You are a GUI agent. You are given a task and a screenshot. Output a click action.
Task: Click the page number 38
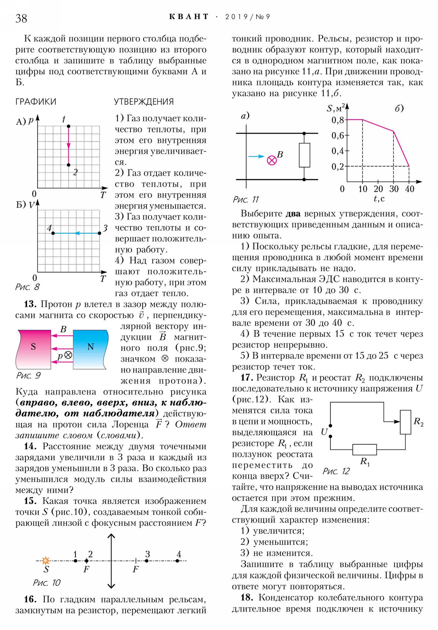(21, 19)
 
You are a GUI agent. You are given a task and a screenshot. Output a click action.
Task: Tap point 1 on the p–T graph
(68, 126)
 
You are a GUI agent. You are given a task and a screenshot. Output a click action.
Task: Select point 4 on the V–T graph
(53, 233)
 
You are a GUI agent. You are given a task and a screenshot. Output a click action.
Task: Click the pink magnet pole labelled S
(34, 349)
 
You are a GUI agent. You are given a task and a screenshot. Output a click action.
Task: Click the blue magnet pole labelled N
(90, 349)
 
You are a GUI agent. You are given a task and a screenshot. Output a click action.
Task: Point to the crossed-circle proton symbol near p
(68, 355)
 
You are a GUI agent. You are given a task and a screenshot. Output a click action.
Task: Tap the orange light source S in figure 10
(45, 561)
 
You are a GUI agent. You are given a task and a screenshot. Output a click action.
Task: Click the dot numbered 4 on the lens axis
(177, 561)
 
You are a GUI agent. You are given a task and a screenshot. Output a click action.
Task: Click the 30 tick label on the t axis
(394, 189)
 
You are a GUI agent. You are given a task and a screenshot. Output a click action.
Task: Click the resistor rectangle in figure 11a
(304, 155)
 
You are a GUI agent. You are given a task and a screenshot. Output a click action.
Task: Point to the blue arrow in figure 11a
(256, 156)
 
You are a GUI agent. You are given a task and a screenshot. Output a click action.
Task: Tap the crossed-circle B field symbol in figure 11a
(272, 160)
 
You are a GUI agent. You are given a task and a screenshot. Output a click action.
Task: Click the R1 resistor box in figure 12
(364, 449)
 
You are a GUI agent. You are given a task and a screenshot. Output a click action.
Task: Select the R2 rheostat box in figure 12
(405, 422)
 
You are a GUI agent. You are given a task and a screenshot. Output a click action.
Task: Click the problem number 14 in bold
(30, 446)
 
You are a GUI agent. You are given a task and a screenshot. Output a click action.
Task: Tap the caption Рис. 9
(28, 375)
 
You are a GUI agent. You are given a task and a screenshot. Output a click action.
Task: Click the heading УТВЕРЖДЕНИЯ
(144, 102)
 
